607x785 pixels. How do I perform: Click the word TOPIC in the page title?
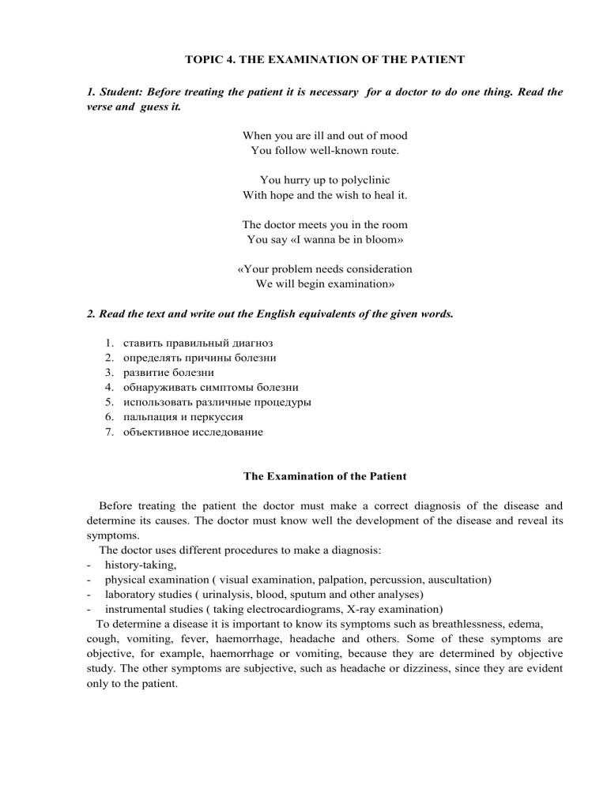tap(204, 58)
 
